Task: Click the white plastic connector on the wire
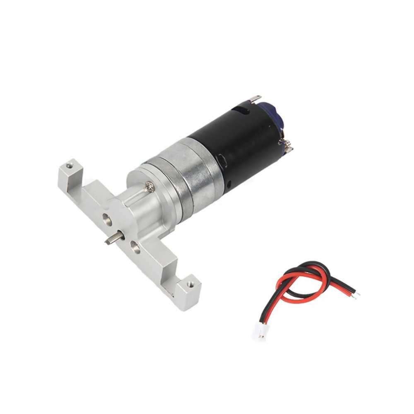tap(262, 332)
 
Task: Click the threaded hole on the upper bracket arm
tap(70, 166)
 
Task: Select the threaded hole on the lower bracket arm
tap(190, 284)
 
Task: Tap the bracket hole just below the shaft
tap(135, 248)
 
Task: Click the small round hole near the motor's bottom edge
tap(227, 183)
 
